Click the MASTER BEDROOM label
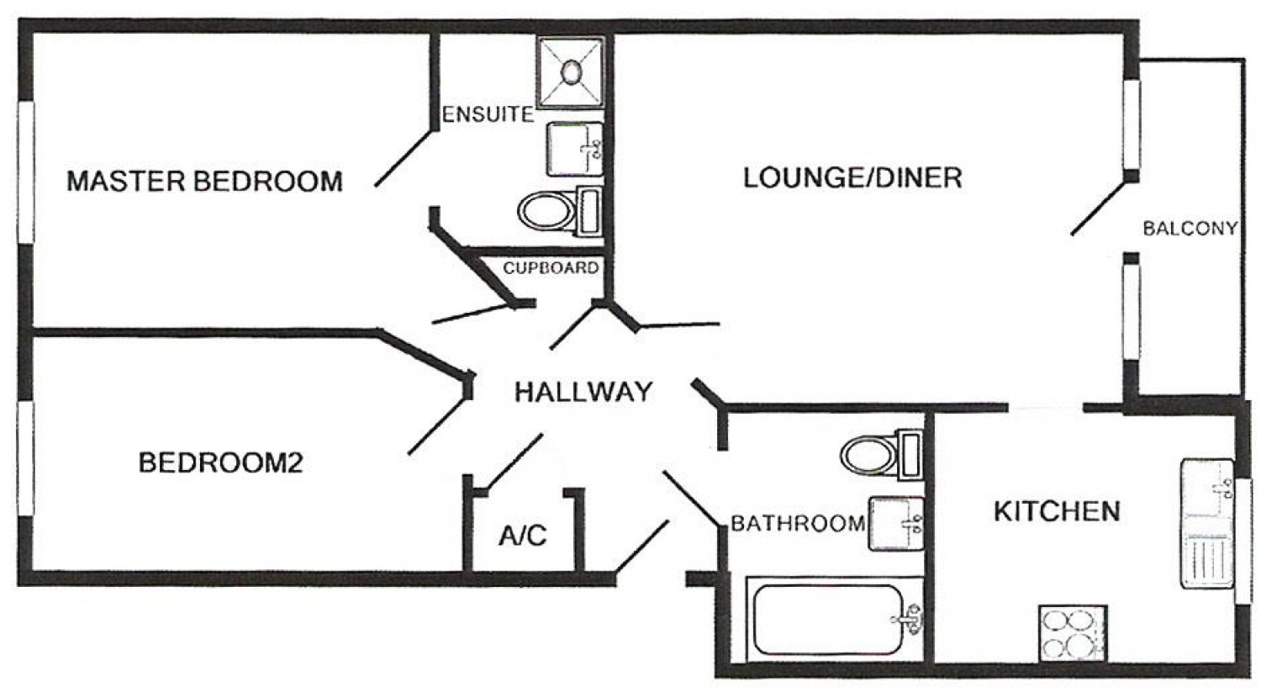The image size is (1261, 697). (205, 182)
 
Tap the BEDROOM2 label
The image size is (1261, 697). (220, 462)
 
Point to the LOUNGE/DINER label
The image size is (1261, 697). (853, 178)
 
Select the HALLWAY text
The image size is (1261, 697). (583, 392)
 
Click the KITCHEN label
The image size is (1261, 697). (1058, 512)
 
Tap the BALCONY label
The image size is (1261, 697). (1190, 228)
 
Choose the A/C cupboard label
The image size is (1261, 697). (523, 536)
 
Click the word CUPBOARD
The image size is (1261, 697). (551, 268)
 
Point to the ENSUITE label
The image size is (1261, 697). (488, 115)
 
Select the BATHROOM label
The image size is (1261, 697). (798, 524)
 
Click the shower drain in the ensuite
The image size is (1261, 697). (572, 72)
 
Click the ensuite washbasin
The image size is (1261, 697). (575, 149)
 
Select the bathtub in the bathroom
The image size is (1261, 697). (831, 620)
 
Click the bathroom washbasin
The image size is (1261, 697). (896, 524)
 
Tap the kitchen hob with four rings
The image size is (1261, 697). (1073, 634)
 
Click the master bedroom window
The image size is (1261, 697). (26, 172)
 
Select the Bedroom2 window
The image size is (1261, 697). (26, 458)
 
